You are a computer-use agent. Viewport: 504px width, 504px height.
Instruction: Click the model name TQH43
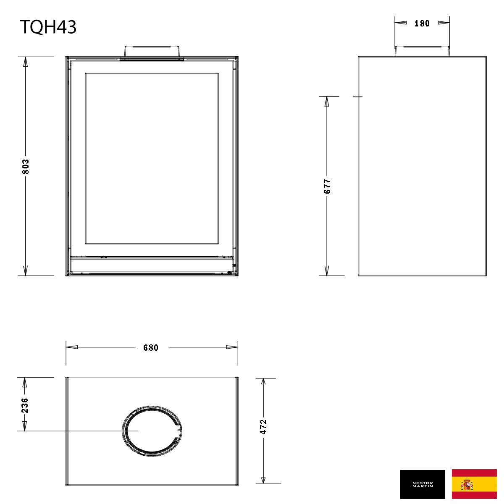[48, 27]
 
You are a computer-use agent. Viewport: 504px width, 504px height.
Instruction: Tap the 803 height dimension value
[26, 167]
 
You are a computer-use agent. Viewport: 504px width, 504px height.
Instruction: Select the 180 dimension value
[422, 24]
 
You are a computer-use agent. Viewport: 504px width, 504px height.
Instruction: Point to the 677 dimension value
[327, 186]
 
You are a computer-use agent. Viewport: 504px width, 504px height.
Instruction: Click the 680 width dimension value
[151, 348]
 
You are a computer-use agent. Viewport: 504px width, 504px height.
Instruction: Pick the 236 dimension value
[25, 405]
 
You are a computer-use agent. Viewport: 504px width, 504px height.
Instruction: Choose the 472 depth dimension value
[263, 427]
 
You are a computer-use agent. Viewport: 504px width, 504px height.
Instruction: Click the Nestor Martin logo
[422, 484]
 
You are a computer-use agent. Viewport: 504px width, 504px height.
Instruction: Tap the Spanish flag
[474, 484]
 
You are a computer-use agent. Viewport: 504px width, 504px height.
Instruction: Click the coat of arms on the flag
[467, 484]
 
